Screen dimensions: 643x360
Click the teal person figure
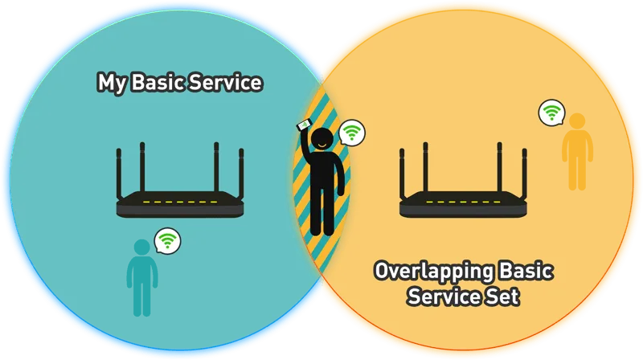tap(142, 278)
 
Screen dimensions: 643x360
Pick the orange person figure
tap(577, 152)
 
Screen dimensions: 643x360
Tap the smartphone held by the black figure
tap(305, 125)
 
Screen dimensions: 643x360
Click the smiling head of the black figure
tap(322, 139)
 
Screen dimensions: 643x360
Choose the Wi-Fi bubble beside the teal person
tap(167, 241)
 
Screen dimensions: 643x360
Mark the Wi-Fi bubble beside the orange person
tap(551, 112)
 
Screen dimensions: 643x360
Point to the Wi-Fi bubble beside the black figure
tap(352, 133)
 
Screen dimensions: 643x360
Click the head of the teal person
tap(142, 247)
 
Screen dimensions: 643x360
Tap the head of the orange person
tap(577, 122)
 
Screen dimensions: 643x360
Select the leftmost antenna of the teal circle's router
tap(119, 174)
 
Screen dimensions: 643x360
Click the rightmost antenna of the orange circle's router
tap(525, 174)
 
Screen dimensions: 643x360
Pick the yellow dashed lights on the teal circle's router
tap(180, 202)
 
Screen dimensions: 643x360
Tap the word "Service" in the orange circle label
tap(444, 296)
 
